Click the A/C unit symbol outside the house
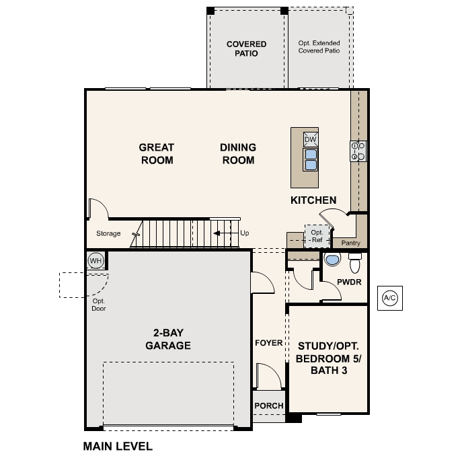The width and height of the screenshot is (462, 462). point(390,297)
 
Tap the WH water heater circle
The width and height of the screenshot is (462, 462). point(96,261)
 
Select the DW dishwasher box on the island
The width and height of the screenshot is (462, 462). point(310,139)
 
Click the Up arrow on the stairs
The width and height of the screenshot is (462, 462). point(223,234)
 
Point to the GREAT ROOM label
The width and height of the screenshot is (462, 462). point(156,153)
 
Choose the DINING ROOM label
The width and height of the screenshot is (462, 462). point(237,153)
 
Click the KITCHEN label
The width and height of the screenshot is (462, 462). point(313,200)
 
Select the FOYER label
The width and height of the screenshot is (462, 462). point(268,343)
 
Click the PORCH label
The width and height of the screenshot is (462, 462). point(268,406)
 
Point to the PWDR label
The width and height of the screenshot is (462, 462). point(350,282)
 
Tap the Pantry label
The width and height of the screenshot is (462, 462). point(350,243)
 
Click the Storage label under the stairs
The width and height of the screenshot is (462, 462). point(108,234)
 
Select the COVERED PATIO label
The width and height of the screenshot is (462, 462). point(246,48)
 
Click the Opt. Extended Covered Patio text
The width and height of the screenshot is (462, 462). point(319,46)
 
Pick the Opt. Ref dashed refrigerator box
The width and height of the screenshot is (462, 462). point(316,236)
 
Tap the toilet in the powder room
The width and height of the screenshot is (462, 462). point(355,261)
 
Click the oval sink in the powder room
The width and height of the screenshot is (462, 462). point(332,260)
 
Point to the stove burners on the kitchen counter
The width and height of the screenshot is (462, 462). point(358,151)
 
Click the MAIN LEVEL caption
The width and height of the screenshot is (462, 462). point(118,446)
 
